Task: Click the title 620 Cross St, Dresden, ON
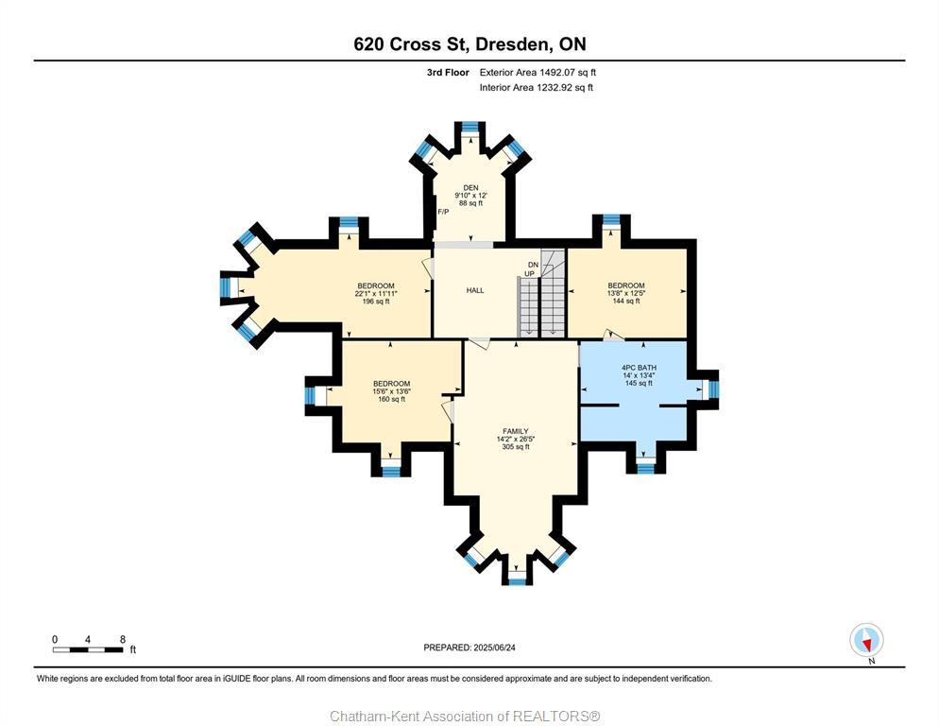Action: coord(469,44)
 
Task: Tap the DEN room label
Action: coord(469,188)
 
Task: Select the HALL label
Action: coord(475,290)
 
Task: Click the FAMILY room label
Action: coord(516,431)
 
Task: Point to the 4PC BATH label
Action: coord(639,368)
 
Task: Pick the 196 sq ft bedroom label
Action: coord(375,285)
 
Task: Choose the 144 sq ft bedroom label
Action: coord(626,285)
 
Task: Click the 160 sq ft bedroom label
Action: coord(391,383)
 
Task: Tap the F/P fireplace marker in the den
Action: coord(443,212)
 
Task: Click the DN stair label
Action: coord(533,265)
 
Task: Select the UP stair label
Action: coord(529,274)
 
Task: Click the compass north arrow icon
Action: coord(866,641)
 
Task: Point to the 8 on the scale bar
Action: coord(122,639)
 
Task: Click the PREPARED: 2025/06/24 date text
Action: coord(469,648)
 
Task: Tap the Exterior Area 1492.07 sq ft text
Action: coord(538,72)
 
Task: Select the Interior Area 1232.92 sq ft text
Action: coord(536,88)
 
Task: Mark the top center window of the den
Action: coord(469,127)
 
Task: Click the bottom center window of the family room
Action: coord(516,579)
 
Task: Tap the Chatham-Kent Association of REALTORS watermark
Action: coord(465,716)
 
